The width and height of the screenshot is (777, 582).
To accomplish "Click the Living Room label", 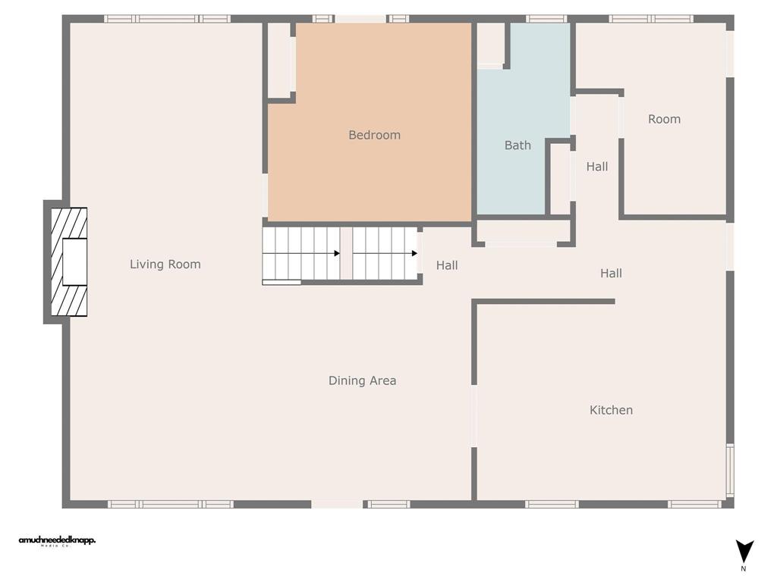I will pyautogui.click(x=165, y=264).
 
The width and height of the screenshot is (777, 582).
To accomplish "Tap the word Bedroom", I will pyautogui.click(x=374, y=135).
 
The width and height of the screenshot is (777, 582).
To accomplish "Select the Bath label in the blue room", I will pyautogui.click(x=517, y=145).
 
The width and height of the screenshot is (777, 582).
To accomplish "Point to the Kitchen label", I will pyautogui.click(x=611, y=410).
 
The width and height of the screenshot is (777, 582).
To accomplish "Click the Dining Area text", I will pyautogui.click(x=362, y=380).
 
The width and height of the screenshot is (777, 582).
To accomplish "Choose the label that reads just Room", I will pyautogui.click(x=664, y=119).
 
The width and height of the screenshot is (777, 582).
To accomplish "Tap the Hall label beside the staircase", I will pyautogui.click(x=447, y=265).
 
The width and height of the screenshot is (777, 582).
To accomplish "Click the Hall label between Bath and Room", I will pyautogui.click(x=597, y=167).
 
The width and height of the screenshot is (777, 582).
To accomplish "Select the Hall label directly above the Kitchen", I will pyautogui.click(x=611, y=274).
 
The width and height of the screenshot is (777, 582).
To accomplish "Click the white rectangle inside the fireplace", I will pyautogui.click(x=74, y=262).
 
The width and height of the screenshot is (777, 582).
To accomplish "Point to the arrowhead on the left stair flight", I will pyautogui.click(x=337, y=254).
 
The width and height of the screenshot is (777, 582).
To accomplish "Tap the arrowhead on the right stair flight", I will pyautogui.click(x=414, y=254).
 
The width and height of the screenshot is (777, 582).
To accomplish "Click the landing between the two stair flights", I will pyautogui.click(x=346, y=253).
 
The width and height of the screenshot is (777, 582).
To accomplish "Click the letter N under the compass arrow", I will pyautogui.click(x=744, y=568).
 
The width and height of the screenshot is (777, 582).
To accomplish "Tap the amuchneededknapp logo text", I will pyautogui.click(x=57, y=540).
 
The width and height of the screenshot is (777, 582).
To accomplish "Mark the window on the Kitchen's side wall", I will pyautogui.click(x=730, y=470).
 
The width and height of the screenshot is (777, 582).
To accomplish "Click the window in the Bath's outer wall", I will pyautogui.click(x=546, y=19).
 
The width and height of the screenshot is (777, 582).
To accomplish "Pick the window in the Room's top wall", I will pyautogui.click(x=651, y=19).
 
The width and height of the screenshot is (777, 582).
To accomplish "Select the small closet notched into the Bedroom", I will pyautogui.click(x=280, y=60).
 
